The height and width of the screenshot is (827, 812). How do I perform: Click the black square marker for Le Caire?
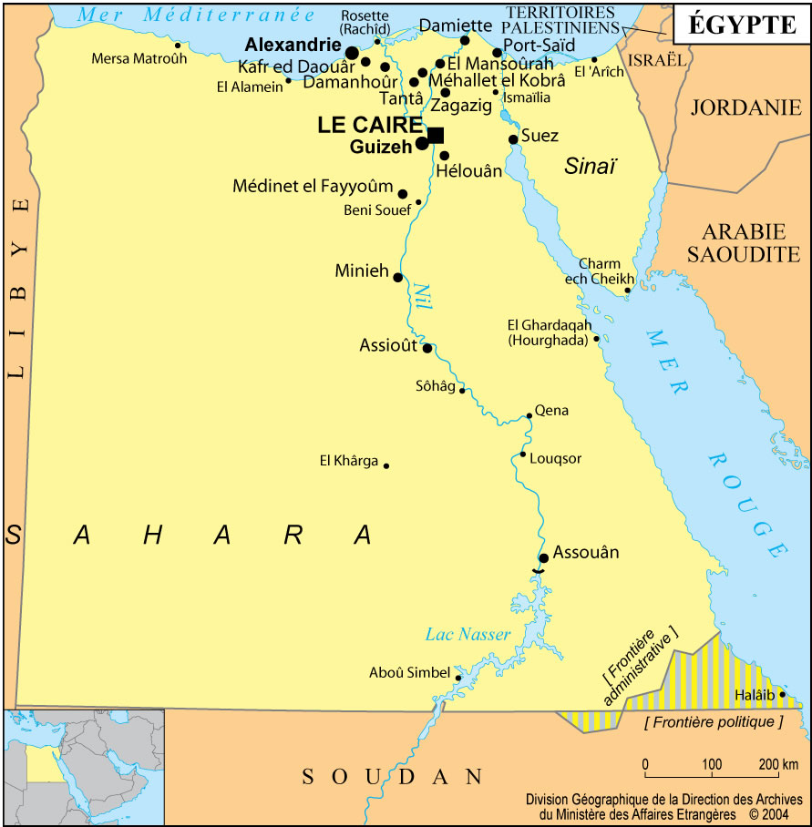[x=436, y=135]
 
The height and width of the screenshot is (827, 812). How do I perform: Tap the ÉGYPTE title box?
[x=741, y=26]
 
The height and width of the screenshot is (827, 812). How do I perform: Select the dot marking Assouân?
[x=543, y=557]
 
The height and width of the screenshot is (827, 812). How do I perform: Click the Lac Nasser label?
[x=468, y=634]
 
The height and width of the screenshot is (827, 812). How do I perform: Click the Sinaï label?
[x=590, y=166]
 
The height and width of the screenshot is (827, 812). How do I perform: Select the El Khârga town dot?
[x=386, y=465]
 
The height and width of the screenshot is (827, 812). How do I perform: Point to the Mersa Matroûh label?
[x=139, y=59]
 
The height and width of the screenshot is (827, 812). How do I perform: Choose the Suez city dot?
[x=513, y=139]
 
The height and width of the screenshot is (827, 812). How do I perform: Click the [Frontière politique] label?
[x=714, y=722]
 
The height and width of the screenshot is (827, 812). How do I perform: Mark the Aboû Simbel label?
[x=409, y=673]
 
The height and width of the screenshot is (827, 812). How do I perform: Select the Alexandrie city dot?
[x=352, y=53]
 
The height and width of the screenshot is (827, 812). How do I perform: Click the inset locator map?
[x=84, y=766]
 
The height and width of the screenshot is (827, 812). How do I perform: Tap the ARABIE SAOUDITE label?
[x=743, y=242]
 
